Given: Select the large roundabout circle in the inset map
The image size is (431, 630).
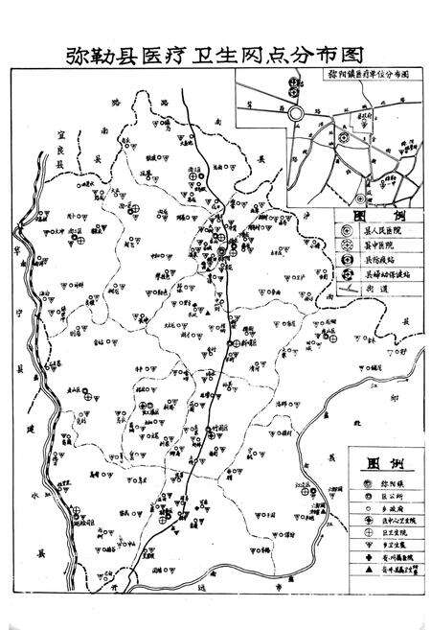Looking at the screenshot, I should pos(296,113).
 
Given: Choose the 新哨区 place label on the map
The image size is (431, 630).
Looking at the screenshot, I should pos(245,343).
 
